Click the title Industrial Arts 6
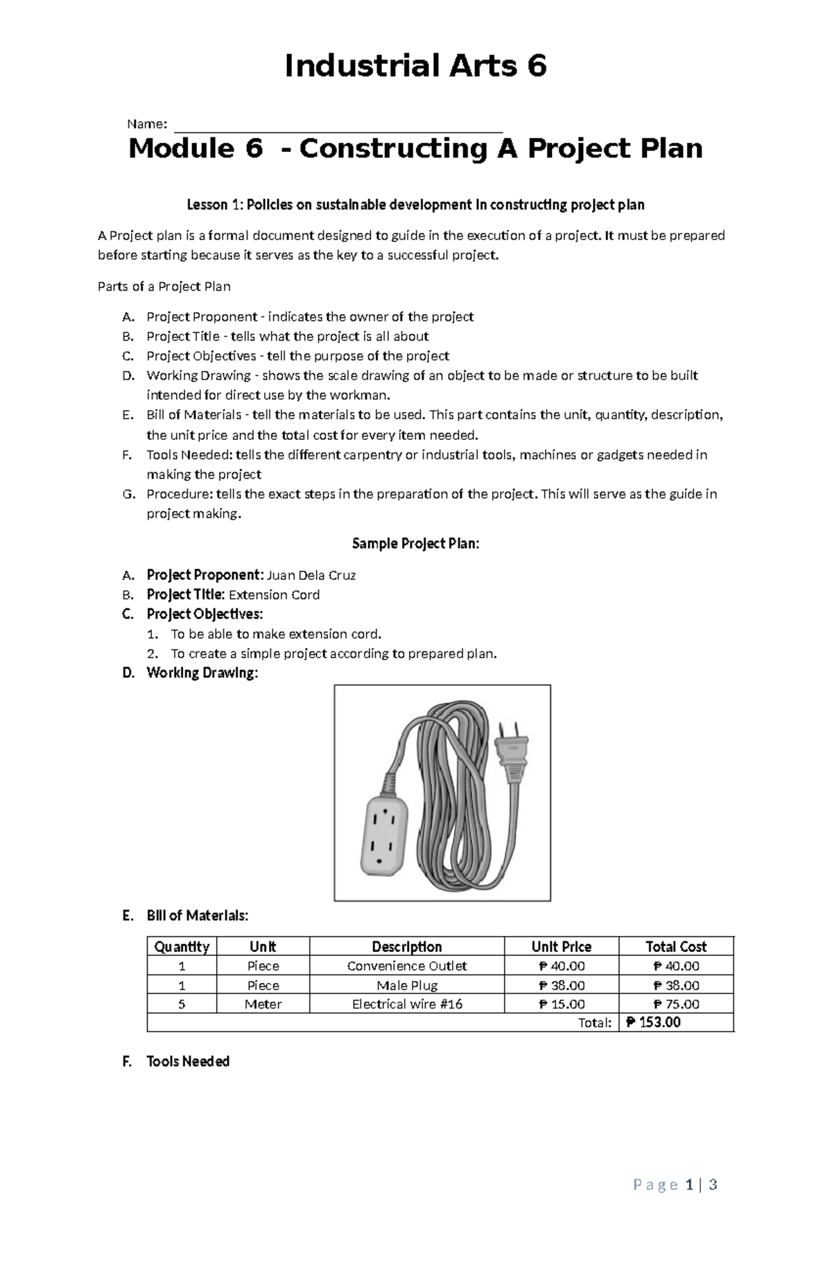click(415, 67)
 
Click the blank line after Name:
click(338, 126)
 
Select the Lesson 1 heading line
click(415, 205)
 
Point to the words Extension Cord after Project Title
click(274, 595)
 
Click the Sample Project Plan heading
click(415, 543)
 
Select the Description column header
click(406, 946)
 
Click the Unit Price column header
click(561, 946)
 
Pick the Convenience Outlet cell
click(406, 966)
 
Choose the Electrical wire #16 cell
click(406, 1004)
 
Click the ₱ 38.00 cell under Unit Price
click(561, 985)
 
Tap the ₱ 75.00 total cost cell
click(676, 1004)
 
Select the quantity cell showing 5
click(182, 1004)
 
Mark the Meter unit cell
click(263, 1004)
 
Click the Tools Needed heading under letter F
click(188, 1061)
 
